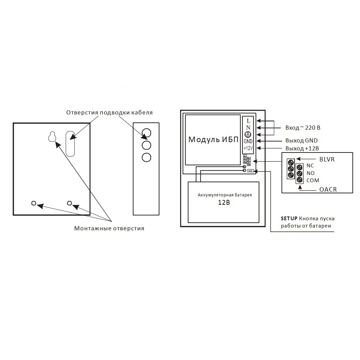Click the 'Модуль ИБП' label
point(213,140)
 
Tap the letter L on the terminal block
point(248,121)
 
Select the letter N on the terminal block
point(248,128)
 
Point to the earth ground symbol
point(248,135)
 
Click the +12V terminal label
point(248,148)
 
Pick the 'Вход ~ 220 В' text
point(303,128)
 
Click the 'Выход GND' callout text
point(302,140)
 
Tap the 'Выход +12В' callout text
point(302,149)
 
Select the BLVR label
point(327,159)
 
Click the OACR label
point(328,190)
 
